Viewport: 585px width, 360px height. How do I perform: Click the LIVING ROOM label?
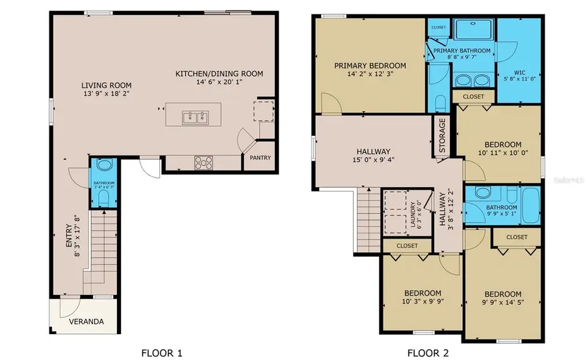107,85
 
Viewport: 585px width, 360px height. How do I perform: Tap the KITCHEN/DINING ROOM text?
219,74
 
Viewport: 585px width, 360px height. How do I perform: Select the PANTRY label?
260,158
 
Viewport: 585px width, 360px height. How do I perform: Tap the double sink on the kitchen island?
195,118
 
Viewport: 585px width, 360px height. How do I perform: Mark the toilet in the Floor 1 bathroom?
103,166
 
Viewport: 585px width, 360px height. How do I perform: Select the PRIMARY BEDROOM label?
370,66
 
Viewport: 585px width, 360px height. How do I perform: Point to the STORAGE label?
442,136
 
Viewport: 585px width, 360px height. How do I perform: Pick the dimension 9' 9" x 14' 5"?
502,302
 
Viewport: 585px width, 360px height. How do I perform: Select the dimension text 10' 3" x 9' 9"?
421,302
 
